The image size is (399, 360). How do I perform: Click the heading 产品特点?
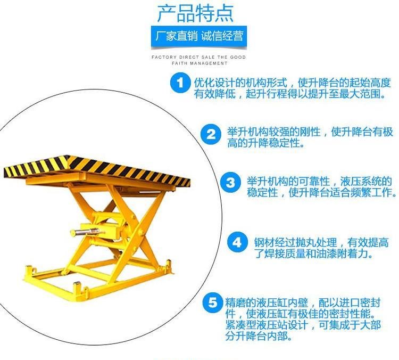click(195, 13)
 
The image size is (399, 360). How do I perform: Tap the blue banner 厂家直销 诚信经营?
click(199, 36)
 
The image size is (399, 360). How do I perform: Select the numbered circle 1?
click(180, 83)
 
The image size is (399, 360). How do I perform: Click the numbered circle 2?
click(211, 134)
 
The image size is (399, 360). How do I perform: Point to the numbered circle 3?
click(230, 183)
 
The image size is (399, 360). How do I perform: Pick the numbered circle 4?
click(237, 242)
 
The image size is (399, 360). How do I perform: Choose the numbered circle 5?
click(213, 302)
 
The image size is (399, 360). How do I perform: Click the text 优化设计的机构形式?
click(240, 83)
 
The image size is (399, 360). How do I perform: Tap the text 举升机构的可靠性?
click(288, 182)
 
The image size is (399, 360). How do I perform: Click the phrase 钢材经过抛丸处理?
click(295, 242)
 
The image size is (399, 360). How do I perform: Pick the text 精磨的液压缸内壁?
click(267, 302)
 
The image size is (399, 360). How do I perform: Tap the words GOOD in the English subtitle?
click(238, 57)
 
